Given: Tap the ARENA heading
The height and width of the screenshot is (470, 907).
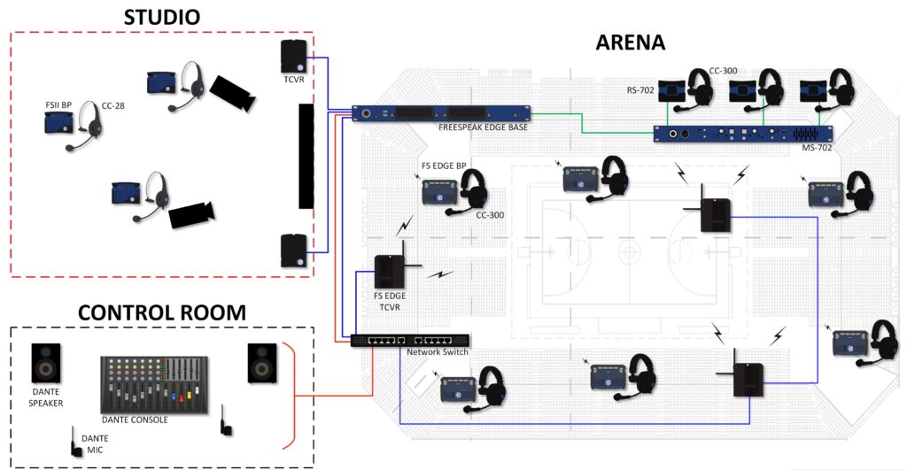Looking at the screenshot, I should [631, 41].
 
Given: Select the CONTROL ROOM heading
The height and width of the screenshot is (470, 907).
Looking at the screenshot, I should [162, 312].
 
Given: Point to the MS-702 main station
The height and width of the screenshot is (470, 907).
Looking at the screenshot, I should [744, 134].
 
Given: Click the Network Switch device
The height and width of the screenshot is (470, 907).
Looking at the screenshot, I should [410, 340].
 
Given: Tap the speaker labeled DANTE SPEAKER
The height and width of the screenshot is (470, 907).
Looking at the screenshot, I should [46, 365].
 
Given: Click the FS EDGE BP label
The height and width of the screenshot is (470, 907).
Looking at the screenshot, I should [443, 166].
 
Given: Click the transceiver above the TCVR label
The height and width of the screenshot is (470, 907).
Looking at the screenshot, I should [294, 57].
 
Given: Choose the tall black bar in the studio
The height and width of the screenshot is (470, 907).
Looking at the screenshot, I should [306, 156].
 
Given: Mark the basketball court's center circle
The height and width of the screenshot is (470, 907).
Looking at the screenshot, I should [627, 251].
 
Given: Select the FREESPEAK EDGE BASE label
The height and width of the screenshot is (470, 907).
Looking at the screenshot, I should [483, 127].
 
